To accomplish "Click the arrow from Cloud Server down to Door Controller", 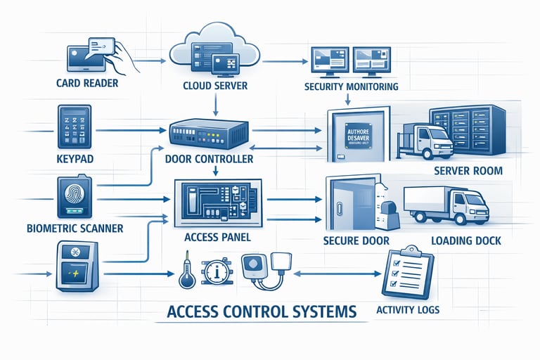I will pos(216,104).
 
